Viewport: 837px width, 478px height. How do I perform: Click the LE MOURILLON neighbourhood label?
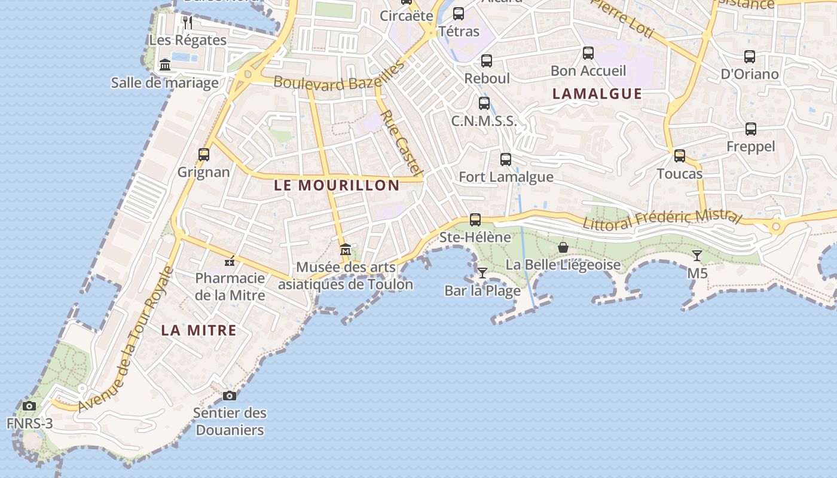[x=337, y=185]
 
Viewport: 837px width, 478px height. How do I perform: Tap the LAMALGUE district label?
[x=597, y=94]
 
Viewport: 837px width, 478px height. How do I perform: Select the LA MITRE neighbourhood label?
[x=198, y=330]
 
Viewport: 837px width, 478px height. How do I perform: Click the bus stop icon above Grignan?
[x=204, y=155]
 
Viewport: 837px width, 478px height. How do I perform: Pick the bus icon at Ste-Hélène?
[x=475, y=220]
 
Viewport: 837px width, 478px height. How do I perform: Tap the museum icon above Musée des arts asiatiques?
[x=345, y=250]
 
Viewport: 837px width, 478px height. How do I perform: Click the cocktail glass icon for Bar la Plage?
[x=482, y=273]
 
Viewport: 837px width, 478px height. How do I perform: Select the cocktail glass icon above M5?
[x=697, y=256]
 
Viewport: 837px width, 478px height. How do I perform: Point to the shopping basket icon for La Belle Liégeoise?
[x=563, y=247]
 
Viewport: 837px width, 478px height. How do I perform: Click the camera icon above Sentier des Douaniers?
[x=230, y=396]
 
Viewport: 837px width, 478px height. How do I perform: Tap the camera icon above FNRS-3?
[x=29, y=406]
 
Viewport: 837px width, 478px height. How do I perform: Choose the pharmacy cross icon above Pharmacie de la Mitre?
[x=230, y=261]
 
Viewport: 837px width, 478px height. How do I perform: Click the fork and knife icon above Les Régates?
[x=188, y=23]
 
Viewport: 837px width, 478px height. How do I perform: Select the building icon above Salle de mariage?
[x=165, y=65]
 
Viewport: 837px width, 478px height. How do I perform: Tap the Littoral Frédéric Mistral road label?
[x=662, y=219]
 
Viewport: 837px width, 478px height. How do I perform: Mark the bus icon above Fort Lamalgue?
[x=506, y=160]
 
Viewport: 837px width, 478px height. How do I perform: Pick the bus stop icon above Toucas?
[x=680, y=156]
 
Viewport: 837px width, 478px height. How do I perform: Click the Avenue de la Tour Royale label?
[x=126, y=341]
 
